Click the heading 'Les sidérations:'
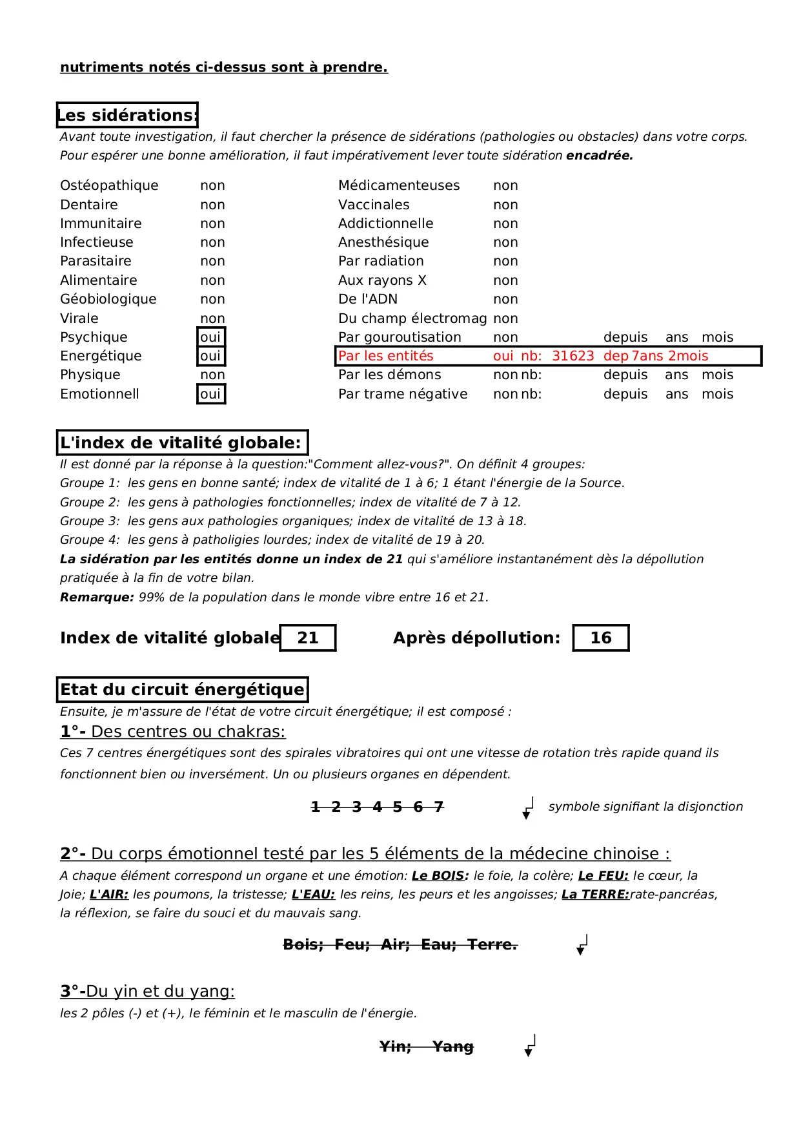point(127,115)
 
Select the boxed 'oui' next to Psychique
point(210,337)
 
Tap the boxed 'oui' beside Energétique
point(210,356)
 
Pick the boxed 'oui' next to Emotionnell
point(210,394)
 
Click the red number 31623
point(573,356)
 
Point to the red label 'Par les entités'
point(385,356)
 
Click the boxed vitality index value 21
point(308,638)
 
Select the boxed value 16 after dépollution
point(600,638)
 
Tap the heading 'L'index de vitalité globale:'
point(181,442)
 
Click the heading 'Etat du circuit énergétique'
point(182,689)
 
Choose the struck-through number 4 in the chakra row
point(378,807)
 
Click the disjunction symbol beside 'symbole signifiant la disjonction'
point(528,807)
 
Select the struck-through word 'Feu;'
point(352,944)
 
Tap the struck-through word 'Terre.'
point(492,944)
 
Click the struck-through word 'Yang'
point(452,1046)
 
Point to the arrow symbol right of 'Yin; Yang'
point(530,1046)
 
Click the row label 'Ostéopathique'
point(109,185)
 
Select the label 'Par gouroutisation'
point(400,337)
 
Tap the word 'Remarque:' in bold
point(97,597)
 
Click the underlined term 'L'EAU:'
point(313,895)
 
